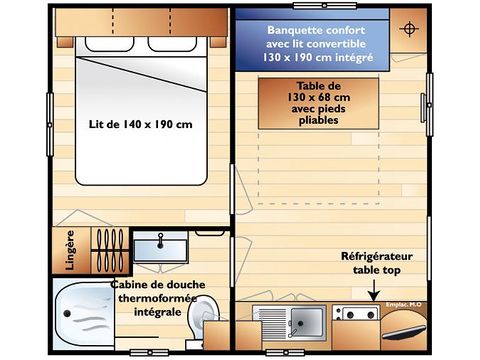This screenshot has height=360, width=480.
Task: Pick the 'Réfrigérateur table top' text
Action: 376,263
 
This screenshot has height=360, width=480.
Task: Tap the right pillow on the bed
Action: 177,44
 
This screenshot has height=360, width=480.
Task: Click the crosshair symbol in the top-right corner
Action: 407,28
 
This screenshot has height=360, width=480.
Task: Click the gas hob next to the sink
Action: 357,316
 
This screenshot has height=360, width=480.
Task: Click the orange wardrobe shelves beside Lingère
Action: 105,248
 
